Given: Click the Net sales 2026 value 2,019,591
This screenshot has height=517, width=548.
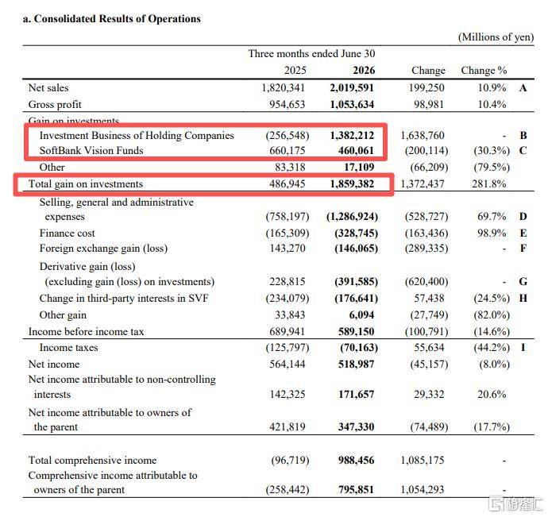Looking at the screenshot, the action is pyautogui.click(x=352, y=87).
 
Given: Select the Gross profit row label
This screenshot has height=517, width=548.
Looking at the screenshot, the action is pyautogui.click(x=55, y=105).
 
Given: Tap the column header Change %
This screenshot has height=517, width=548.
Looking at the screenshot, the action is pyautogui.click(x=484, y=70).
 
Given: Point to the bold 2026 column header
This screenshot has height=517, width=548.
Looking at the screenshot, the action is pyautogui.click(x=364, y=70).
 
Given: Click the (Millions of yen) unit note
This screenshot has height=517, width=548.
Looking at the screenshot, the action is pyautogui.click(x=496, y=37).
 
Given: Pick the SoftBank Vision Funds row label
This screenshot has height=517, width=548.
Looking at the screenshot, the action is pyautogui.click(x=91, y=150).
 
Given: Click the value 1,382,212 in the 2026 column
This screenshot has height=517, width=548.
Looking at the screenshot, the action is pyautogui.click(x=352, y=135).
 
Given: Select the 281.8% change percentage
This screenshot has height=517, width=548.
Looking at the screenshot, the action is pyautogui.click(x=489, y=184).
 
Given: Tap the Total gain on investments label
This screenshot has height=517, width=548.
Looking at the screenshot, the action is pyautogui.click(x=86, y=184).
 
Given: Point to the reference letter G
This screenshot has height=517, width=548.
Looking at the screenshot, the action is pyautogui.click(x=523, y=281).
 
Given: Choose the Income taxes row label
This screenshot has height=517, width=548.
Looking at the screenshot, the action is pyautogui.click(x=68, y=348).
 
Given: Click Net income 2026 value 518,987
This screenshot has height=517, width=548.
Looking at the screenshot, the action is pyautogui.click(x=356, y=365).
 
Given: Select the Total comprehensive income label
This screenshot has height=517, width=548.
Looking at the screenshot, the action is pyautogui.click(x=93, y=460).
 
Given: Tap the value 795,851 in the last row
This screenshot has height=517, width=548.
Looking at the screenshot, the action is pyautogui.click(x=356, y=490).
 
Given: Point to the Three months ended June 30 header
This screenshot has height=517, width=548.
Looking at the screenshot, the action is pyautogui.click(x=312, y=53).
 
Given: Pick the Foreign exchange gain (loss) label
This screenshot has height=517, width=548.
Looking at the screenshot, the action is pyautogui.click(x=103, y=249).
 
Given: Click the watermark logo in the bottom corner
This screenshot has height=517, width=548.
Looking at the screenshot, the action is pyautogui.click(x=515, y=503).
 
